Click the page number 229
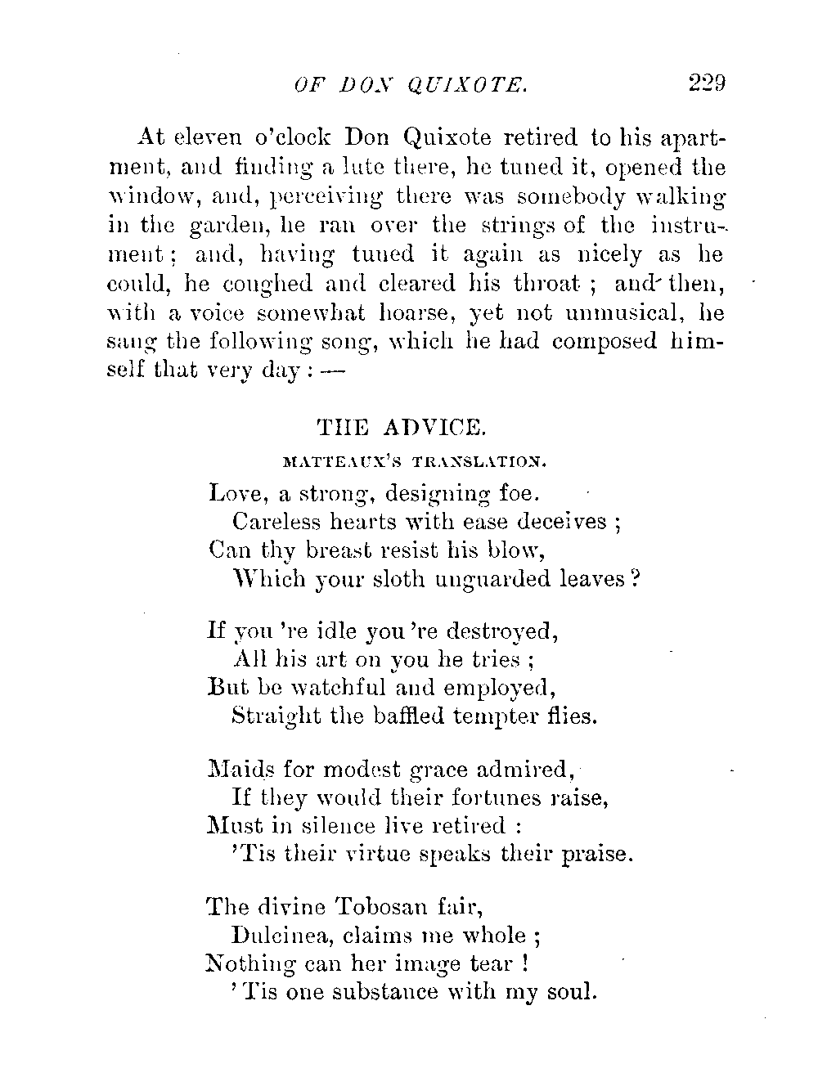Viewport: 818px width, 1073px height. coord(708,83)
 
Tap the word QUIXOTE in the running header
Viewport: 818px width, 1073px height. coord(475,84)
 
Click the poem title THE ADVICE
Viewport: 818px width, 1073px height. coord(402,426)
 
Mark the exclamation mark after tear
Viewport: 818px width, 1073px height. coord(523,963)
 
